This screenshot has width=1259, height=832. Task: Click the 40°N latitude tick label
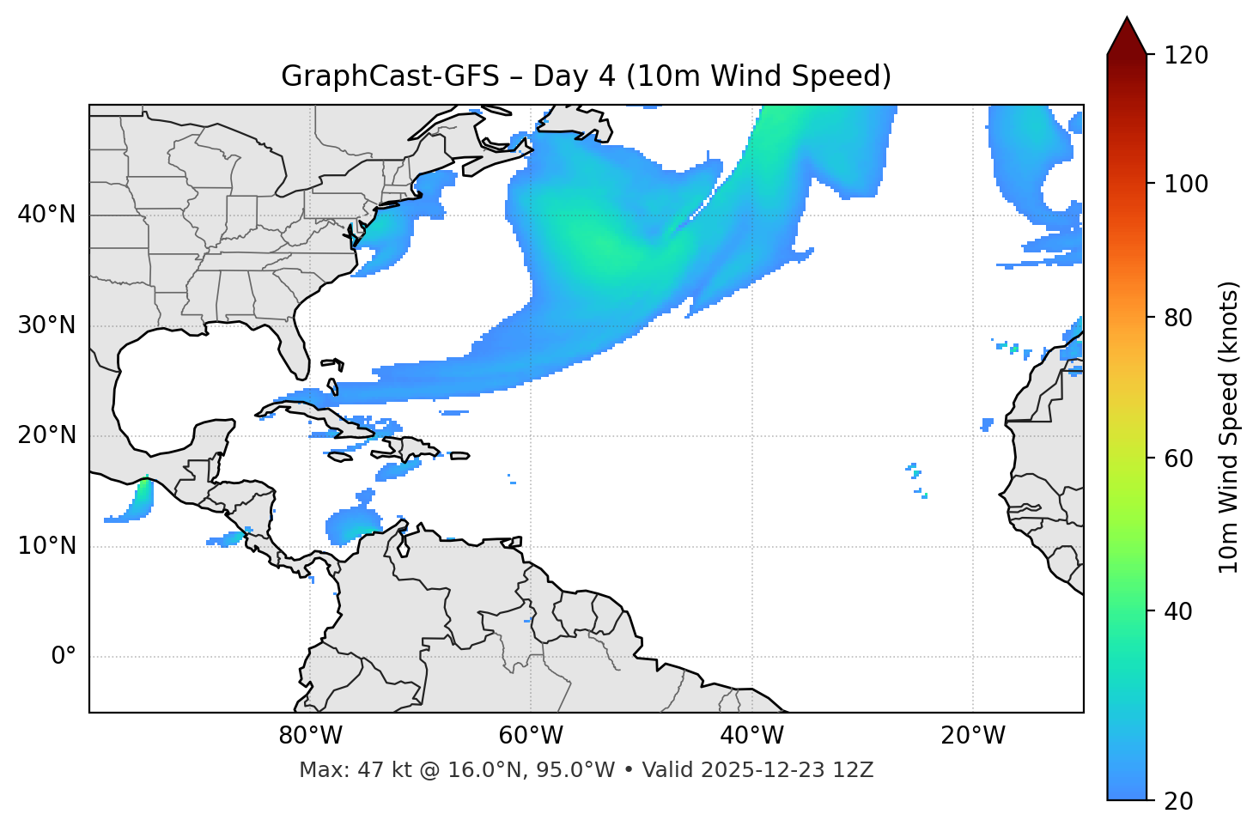click(x=46, y=215)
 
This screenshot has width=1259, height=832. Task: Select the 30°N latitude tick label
click(x=46, y=325)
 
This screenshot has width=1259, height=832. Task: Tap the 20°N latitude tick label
click(x=46, y=435)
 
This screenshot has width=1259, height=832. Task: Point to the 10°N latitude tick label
click(x=46, y=546)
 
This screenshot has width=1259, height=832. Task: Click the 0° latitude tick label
click(x=63, y=657)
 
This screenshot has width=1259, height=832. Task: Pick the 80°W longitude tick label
click(x=310, y=736)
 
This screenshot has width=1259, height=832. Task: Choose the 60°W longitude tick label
click(x=531, y=736)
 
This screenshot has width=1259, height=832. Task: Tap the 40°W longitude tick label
click(x=751, y=736)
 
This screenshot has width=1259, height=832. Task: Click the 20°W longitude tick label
click(x=973, y=736)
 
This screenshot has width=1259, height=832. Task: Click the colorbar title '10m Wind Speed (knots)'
click(x=1229, y=427)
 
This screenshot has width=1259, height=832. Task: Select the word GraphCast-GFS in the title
click(x=390, y=76)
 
